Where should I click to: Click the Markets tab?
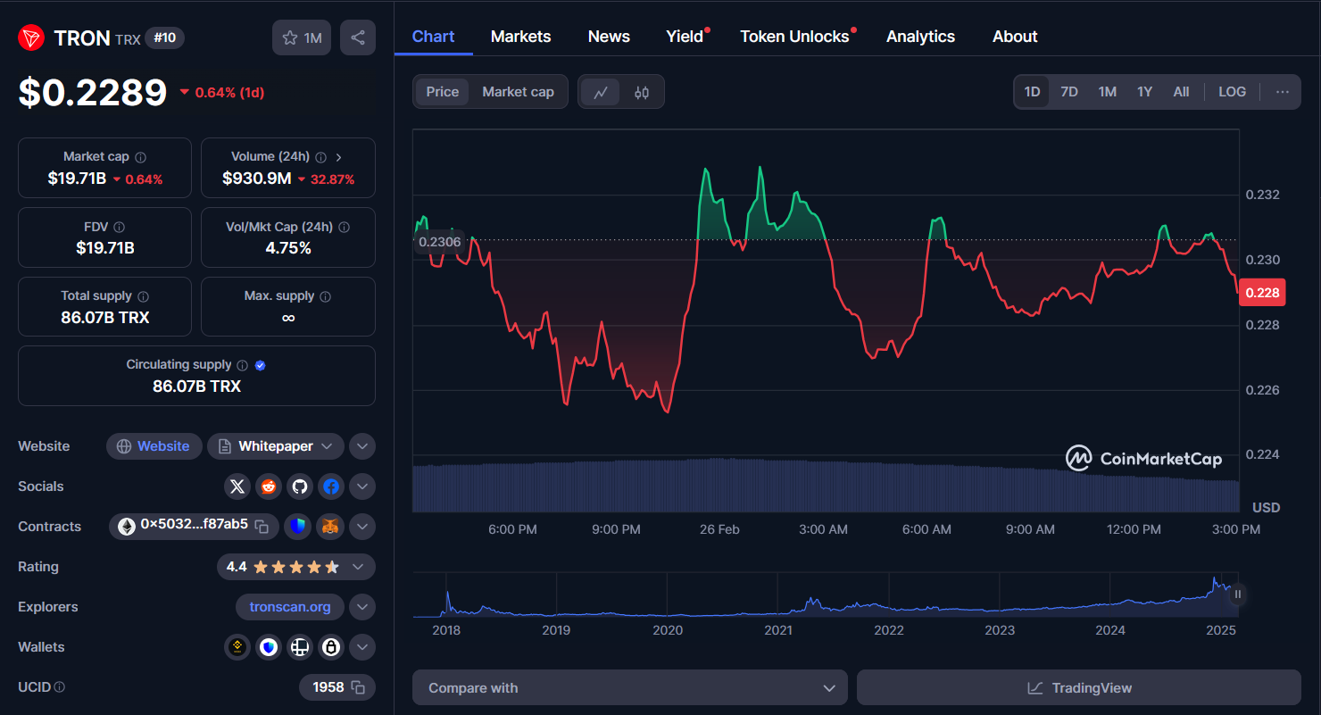pyautogui.click(x=520, y=37)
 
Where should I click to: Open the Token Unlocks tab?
pyautogui.click(x=793, y=37)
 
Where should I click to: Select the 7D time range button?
pyautogui.click(x=1068, y=92)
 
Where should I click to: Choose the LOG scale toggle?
pyautogui.click(x=1232, y=92)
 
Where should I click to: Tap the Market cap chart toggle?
pyautogui.click(x=518, y=92)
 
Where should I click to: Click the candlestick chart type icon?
pyautogui.click(x=642, y=92)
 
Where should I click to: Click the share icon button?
pyautogui.click(x=358, y=37)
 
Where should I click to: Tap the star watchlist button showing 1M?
pyautogui.click(x=302, y=37)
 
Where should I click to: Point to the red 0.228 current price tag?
pyautogui.click(x=1262, y=293)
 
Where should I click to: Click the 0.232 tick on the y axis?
pyautogui.click(x=1262, y=195)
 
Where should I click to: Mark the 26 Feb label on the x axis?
pyautogui.click(x=719, y=529)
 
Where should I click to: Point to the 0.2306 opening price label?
pyautogui.click(x=439, y=241)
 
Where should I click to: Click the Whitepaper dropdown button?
pyautogui.click(x=276, y=446)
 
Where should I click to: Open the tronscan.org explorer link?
pyautogui.click(x=290, y=607)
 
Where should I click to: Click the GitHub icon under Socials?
pyautogui.click(x=299, y=486)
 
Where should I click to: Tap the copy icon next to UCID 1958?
pyautogui.click(x=358, y=687)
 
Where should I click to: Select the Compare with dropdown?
pyautogui.click(x=629, y=688)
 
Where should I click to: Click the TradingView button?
pyautogui.click(x=1078, y=688)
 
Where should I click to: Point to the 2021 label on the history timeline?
pyautogui.click(x=777, y=630)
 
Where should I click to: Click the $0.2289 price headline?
pyautogui.click(x=93, y=93)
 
